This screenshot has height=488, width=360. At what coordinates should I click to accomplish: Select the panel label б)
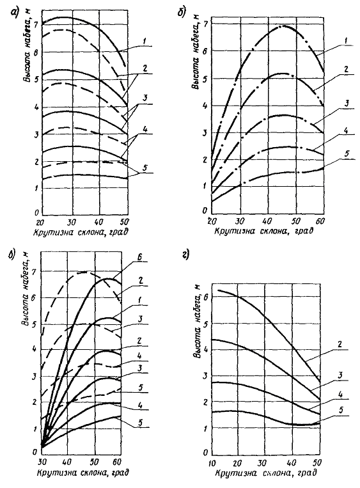pyautogui.click(x=182, y=13)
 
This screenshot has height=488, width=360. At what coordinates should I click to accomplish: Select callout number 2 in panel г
pyautogui.click(x=340, y=345)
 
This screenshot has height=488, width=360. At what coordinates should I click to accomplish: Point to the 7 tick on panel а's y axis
pyautogui.click(x=36, y=25)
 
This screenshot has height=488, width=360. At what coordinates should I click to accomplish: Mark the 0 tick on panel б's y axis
pyautogui.click(x=205, y=211)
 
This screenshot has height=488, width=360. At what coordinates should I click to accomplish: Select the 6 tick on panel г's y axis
pyautogui.click(x=205, y=297)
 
